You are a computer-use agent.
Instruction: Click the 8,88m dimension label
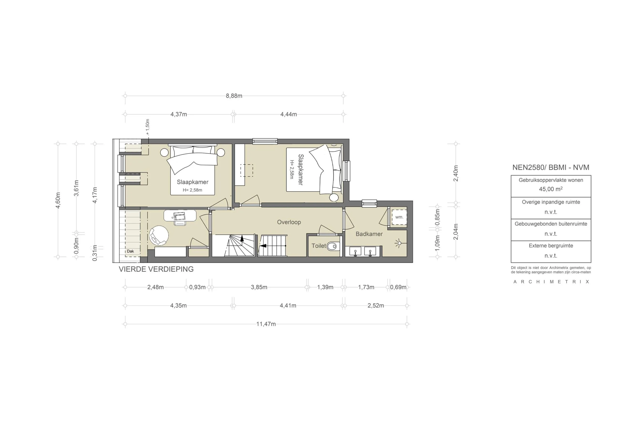[x=234, y=96]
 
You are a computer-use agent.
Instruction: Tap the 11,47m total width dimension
[x=266, y=324]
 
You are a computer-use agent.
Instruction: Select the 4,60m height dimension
[x=58, y=200]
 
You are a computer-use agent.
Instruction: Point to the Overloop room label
[x=289, y=222]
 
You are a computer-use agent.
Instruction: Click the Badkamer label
[x=369, y=234]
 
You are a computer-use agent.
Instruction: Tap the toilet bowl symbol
[x=333, y=246]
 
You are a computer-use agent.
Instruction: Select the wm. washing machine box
[x=399, y=217]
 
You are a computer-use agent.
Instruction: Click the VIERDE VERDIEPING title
[x=156, y=269]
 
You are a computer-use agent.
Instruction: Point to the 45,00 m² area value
[x=550, y=189]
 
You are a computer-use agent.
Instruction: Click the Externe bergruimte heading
[x=550, y=246]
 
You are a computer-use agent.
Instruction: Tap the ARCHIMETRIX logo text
[x=551, y=282]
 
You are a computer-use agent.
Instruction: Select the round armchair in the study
[x=159, y=236]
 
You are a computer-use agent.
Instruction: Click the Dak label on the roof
[x=131, y=251]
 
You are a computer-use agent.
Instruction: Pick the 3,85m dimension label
[x=259, y=287]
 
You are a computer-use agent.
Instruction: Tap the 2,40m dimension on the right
[x=456, y=173]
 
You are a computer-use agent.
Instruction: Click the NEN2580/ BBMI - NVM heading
[x=550, y=167]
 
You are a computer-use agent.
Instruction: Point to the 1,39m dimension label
[x=325, y=287]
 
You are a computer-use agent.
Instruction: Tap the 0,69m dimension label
[x=398, y=287]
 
